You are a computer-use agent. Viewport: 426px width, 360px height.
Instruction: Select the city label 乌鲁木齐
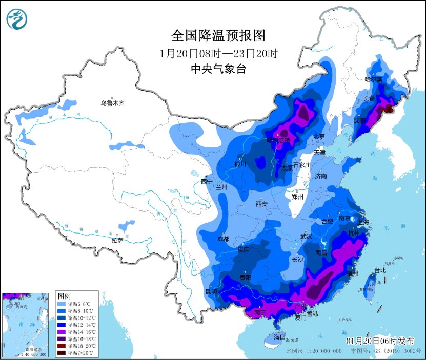click(112, 103)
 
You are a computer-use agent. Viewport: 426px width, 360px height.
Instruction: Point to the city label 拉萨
click(117, 240)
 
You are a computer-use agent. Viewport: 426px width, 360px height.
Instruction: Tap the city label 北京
click(319, 137)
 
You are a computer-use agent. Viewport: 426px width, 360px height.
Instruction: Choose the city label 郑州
click(297, 197)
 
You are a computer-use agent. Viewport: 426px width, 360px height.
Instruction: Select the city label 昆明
click(211, 292)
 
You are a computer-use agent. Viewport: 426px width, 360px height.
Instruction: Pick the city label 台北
click(379, 270)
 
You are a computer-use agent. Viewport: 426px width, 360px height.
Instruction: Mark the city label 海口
click(279, 337)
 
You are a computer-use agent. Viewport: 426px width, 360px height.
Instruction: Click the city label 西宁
click(207, 182)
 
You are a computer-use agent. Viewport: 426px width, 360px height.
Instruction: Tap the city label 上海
click(363, 222)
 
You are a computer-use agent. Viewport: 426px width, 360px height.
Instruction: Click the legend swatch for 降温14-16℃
click(60, 332)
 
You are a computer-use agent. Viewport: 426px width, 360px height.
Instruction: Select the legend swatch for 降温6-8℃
click(60, 303)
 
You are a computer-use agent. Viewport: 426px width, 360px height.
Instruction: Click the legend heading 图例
click(64, 296)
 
